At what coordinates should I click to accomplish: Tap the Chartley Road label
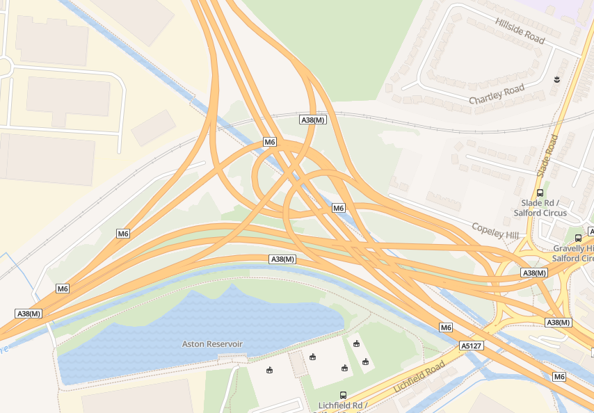click(x=497, y=95)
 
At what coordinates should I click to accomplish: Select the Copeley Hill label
click(x=495, y=231)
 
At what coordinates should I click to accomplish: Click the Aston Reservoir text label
click(x=212, y=343)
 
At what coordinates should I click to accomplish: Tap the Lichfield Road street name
click(x=418, y=378)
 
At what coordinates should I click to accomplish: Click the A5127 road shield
click(x=471, y=345)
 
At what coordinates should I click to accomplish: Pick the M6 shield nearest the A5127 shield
click(x=446, y=327)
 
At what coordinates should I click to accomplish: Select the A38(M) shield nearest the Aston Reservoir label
click(x=282, y=259)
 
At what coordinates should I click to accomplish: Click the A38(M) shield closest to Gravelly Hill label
click(x=534, y=273)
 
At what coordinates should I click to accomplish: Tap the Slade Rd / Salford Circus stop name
click(x=540, y=207)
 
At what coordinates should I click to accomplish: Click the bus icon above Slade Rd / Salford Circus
click(x=540, y=193)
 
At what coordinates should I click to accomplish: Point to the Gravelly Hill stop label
click(x=573, y=253)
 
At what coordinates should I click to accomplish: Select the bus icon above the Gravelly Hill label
click(x=578, y=238)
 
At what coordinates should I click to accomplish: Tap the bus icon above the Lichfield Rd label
click(x=343, y=395)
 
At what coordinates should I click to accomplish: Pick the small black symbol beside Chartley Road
click(x=556, y=80)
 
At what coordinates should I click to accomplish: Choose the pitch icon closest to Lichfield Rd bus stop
click(x=344, y=368)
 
